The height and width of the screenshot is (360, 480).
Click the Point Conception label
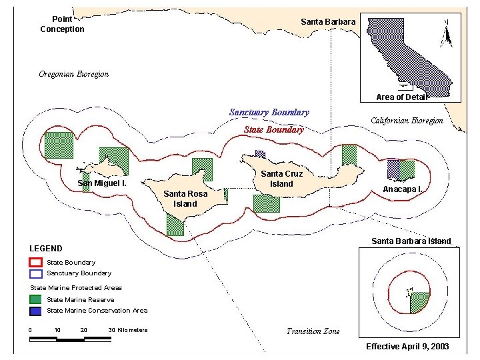[62, 25]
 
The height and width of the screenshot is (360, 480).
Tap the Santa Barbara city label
[328, 22]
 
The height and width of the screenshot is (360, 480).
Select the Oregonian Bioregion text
[73, 74]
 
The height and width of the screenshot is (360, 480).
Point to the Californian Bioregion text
[407, 121]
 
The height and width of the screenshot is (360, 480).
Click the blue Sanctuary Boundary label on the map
[269, 113]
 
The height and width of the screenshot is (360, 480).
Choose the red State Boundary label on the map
[273, 130]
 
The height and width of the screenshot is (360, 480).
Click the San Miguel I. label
[102, 183]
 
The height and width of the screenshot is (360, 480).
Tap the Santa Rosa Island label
[185, 199]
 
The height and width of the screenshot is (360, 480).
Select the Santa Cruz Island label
[281, 179]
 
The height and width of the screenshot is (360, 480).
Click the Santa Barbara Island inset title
[411, 241]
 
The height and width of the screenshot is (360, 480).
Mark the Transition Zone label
[313, 331]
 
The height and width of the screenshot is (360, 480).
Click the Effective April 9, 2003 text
[407, 347]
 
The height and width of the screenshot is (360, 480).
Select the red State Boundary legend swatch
[36, 263]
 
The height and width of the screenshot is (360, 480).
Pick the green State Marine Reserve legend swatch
[36, 299]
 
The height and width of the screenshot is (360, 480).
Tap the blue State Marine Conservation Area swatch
[36, 311]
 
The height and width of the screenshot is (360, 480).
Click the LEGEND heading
[46, 249]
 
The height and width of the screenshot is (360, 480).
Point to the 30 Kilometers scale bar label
[128, 330]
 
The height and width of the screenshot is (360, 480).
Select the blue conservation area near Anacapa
[393, 169]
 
